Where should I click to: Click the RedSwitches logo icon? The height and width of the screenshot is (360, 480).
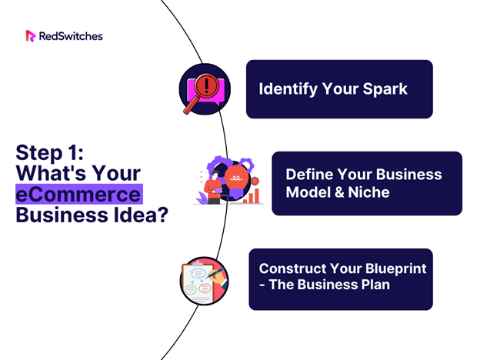(31, 36)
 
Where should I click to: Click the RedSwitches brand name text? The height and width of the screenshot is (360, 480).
(71, 36)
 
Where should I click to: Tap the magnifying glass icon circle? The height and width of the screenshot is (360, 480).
(205, 89)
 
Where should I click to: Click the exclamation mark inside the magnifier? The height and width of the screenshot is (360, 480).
(206, 85)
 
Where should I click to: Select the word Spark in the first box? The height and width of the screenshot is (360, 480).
(385, 90)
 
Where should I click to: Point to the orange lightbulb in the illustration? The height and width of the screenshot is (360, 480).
(236, 181)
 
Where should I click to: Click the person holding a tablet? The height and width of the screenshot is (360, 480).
(213, 188)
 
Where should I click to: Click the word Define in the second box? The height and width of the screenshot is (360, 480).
(309, 175)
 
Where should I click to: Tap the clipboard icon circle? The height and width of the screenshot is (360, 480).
(204, 281)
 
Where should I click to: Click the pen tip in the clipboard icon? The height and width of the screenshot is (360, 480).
(205, 278)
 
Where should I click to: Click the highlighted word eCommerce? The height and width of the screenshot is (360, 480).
(78, 195)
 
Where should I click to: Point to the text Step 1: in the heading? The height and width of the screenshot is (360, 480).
(49, 152)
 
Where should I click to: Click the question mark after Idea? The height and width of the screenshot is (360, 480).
(163, 215)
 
